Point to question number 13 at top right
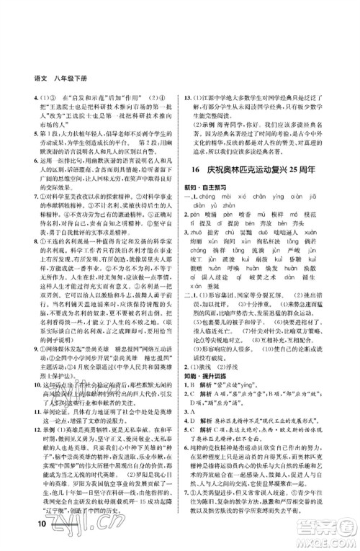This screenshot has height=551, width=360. pyautogui.click(x=189, y=97)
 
